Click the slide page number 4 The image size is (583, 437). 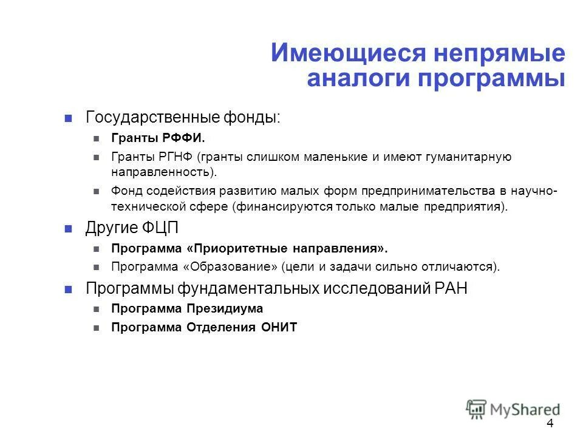(550, 423)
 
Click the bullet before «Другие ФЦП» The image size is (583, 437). (69, 229)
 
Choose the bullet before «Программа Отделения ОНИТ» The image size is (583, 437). (97, 328)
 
